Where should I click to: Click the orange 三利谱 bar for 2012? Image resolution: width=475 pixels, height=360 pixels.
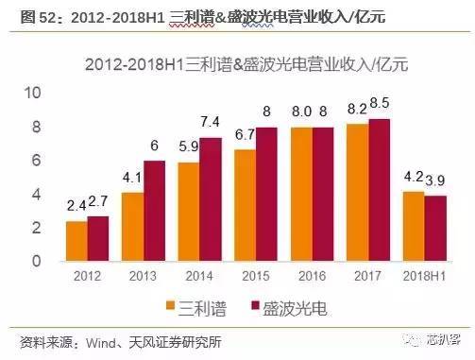coord(76,241)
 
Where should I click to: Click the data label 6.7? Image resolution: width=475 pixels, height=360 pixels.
coord(244,134)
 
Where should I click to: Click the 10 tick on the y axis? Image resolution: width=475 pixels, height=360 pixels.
coord(33,93)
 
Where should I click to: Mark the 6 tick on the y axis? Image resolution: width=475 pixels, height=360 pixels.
coord(37,161)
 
